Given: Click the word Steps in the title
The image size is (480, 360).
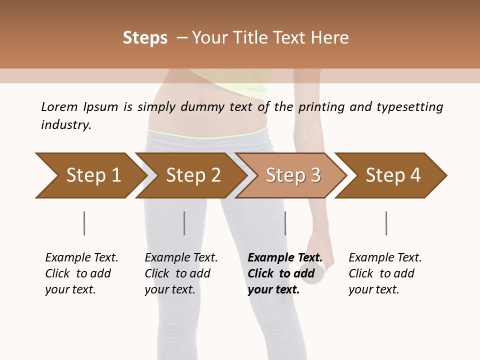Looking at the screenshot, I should tap(145, 38).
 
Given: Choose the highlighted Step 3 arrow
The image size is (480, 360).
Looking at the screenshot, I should tap(292, 175).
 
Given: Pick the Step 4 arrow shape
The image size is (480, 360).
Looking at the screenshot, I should tap(392, 175).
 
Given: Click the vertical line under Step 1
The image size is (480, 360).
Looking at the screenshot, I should tap(84, 223).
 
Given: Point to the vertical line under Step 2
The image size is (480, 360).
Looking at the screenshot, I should tap(184, 223).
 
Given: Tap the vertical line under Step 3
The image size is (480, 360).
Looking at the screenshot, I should tap(285, 223).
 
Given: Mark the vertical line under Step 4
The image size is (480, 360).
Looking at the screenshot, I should tap(386, 223).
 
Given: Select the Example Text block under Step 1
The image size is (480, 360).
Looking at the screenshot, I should tap(81, 273).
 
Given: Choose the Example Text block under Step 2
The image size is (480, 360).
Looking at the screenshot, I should tap(181, 273).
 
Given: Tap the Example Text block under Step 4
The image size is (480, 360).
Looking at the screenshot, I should tap(385, 273).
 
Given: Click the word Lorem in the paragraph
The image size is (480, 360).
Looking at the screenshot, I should tap(59, 107).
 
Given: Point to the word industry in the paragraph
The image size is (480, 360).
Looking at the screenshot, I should tap(65, 125).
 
